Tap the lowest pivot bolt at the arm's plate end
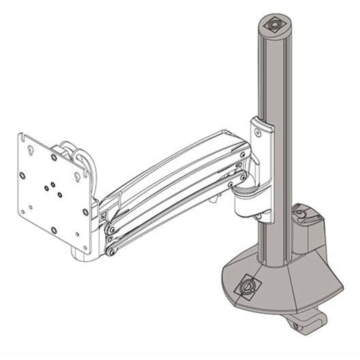110,251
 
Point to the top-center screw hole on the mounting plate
54,157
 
